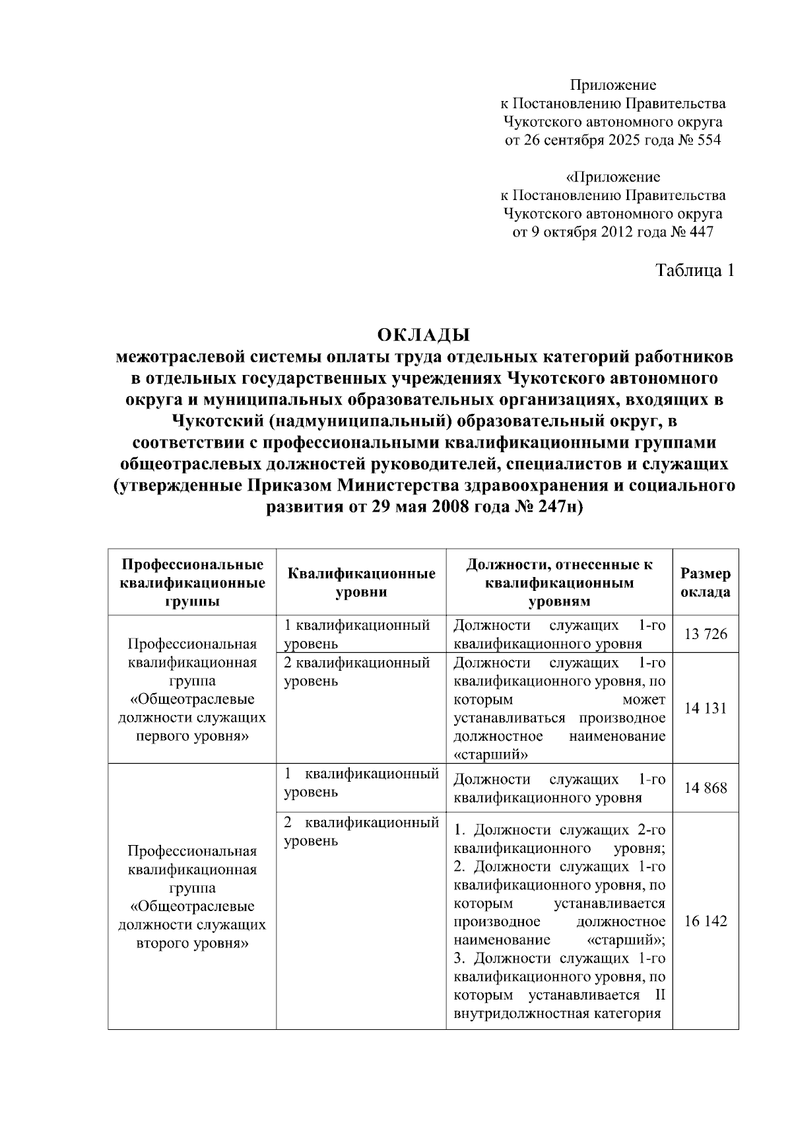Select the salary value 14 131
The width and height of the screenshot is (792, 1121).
coord(706,708)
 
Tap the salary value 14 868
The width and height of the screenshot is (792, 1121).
coord(706,788)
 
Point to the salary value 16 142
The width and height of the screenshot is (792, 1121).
coord(706,921)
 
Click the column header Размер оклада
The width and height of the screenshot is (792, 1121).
coord(706,582)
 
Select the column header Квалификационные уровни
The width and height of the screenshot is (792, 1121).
coord(362,582)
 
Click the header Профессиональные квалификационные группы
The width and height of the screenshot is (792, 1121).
coord(192,582)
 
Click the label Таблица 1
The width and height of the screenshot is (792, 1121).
coord(694,270)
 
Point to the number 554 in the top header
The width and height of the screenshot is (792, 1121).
coord(709,141)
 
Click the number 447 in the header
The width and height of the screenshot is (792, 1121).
coord(701,232)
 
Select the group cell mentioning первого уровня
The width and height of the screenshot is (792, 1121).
coord(192,690)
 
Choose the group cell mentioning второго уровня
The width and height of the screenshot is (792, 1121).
coord(192,897)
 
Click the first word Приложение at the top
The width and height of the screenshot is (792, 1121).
coord(613,85)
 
